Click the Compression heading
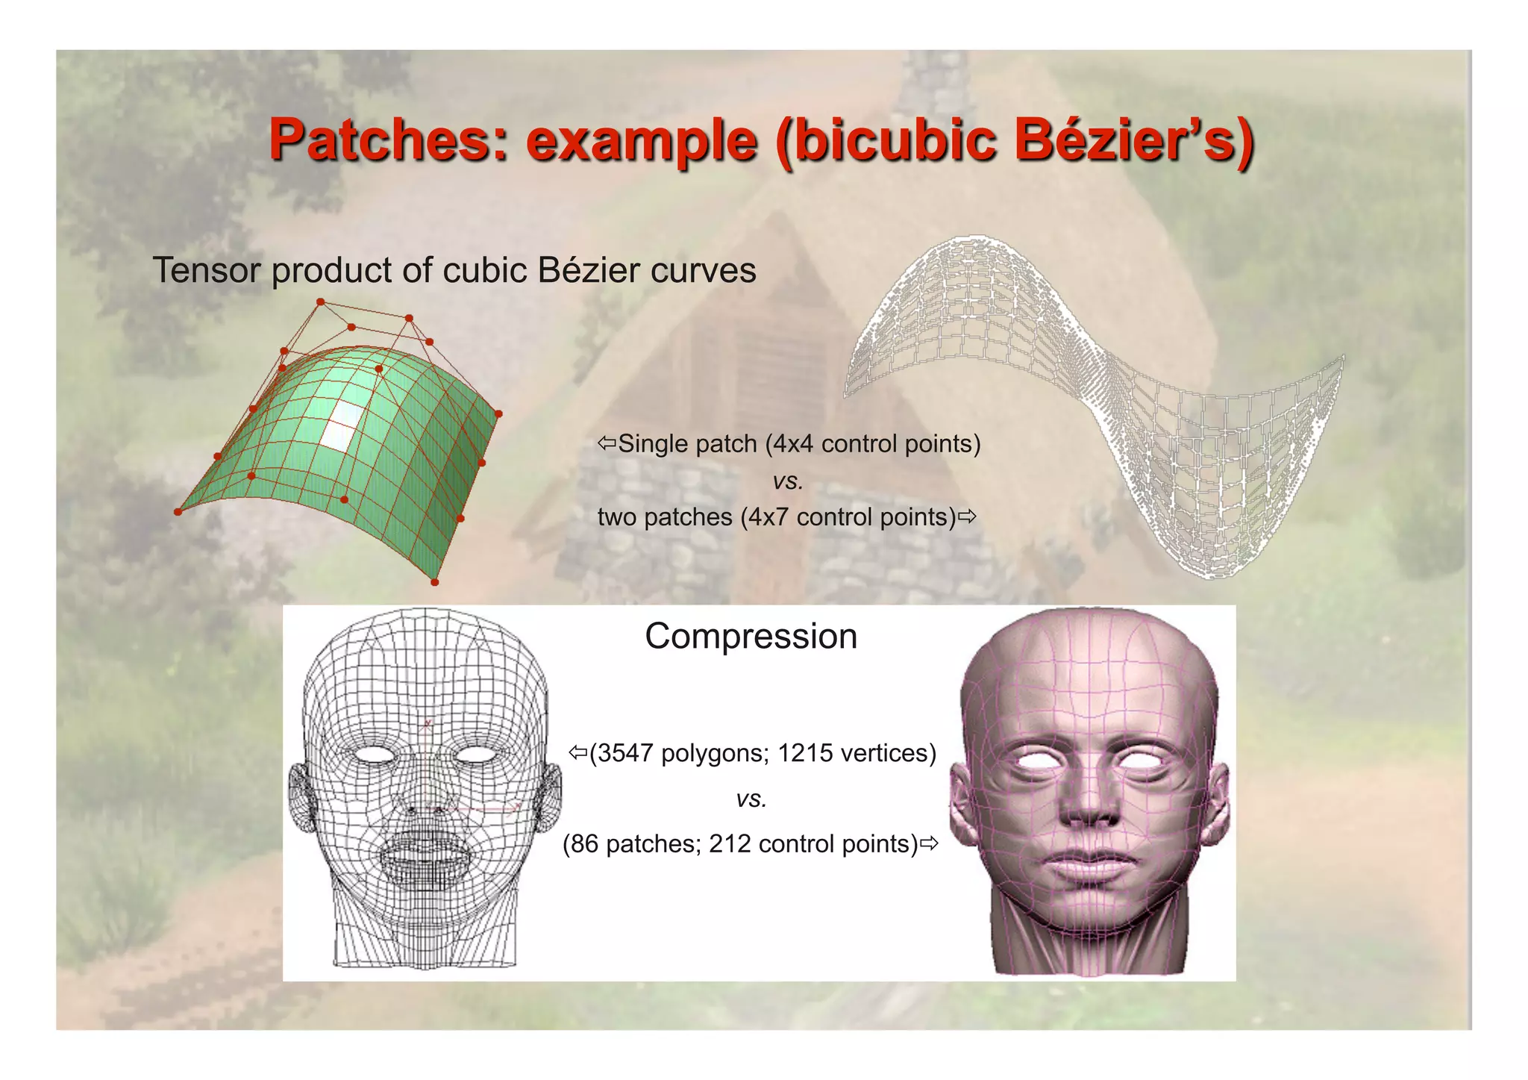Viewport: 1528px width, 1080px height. [x=751, y=637]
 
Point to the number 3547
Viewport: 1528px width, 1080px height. [x=624, y=753]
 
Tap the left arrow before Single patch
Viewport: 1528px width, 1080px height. [x=607, y=443]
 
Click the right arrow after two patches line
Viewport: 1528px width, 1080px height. [x=968, y=516]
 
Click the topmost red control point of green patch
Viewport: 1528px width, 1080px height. [x=321, y=302]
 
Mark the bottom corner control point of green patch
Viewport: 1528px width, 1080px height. [x=435, y=582]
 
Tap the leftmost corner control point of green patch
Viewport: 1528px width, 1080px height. [x=178, y=512]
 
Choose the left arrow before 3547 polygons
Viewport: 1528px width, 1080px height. [x=578, y=752]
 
